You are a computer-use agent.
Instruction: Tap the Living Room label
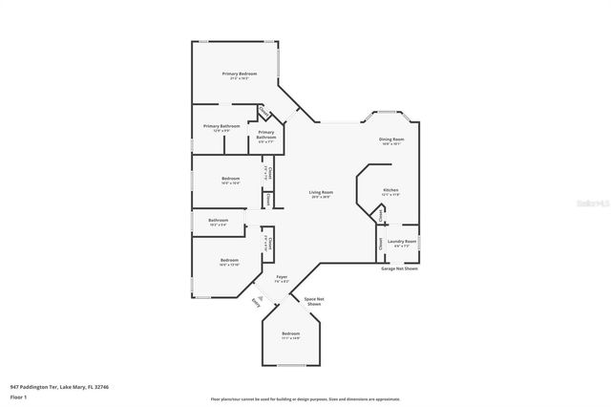[320, 193]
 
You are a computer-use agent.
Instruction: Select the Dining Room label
[391, 140]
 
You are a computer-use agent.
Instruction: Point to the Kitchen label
[390, 190]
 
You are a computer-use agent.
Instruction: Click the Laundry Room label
[402, 242]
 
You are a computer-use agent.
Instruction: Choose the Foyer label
[282, 277]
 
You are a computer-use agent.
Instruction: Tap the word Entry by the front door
[255, 302]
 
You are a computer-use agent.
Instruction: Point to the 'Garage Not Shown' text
[400, 269]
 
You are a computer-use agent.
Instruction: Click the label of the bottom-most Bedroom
[290, 334]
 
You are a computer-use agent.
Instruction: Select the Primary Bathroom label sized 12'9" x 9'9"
[221, 126]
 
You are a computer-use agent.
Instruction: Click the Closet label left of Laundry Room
[380, 244]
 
